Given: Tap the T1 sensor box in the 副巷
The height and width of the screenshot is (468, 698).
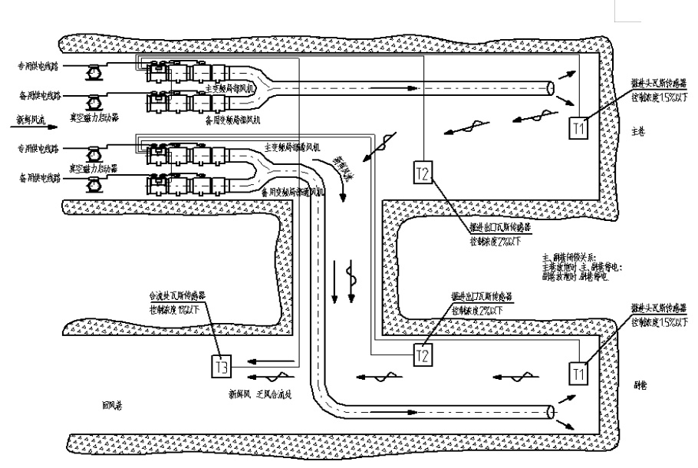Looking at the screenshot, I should [579, 373].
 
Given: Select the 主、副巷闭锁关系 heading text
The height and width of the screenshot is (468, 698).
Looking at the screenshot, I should [571, 259].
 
